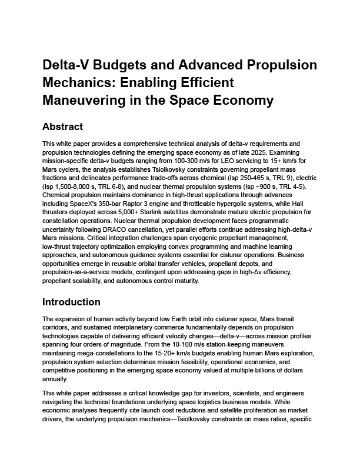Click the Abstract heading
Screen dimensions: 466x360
pyautogui.click(x=62, y=127)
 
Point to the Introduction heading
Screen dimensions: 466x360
pyautogui.click(x=71, y=302)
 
